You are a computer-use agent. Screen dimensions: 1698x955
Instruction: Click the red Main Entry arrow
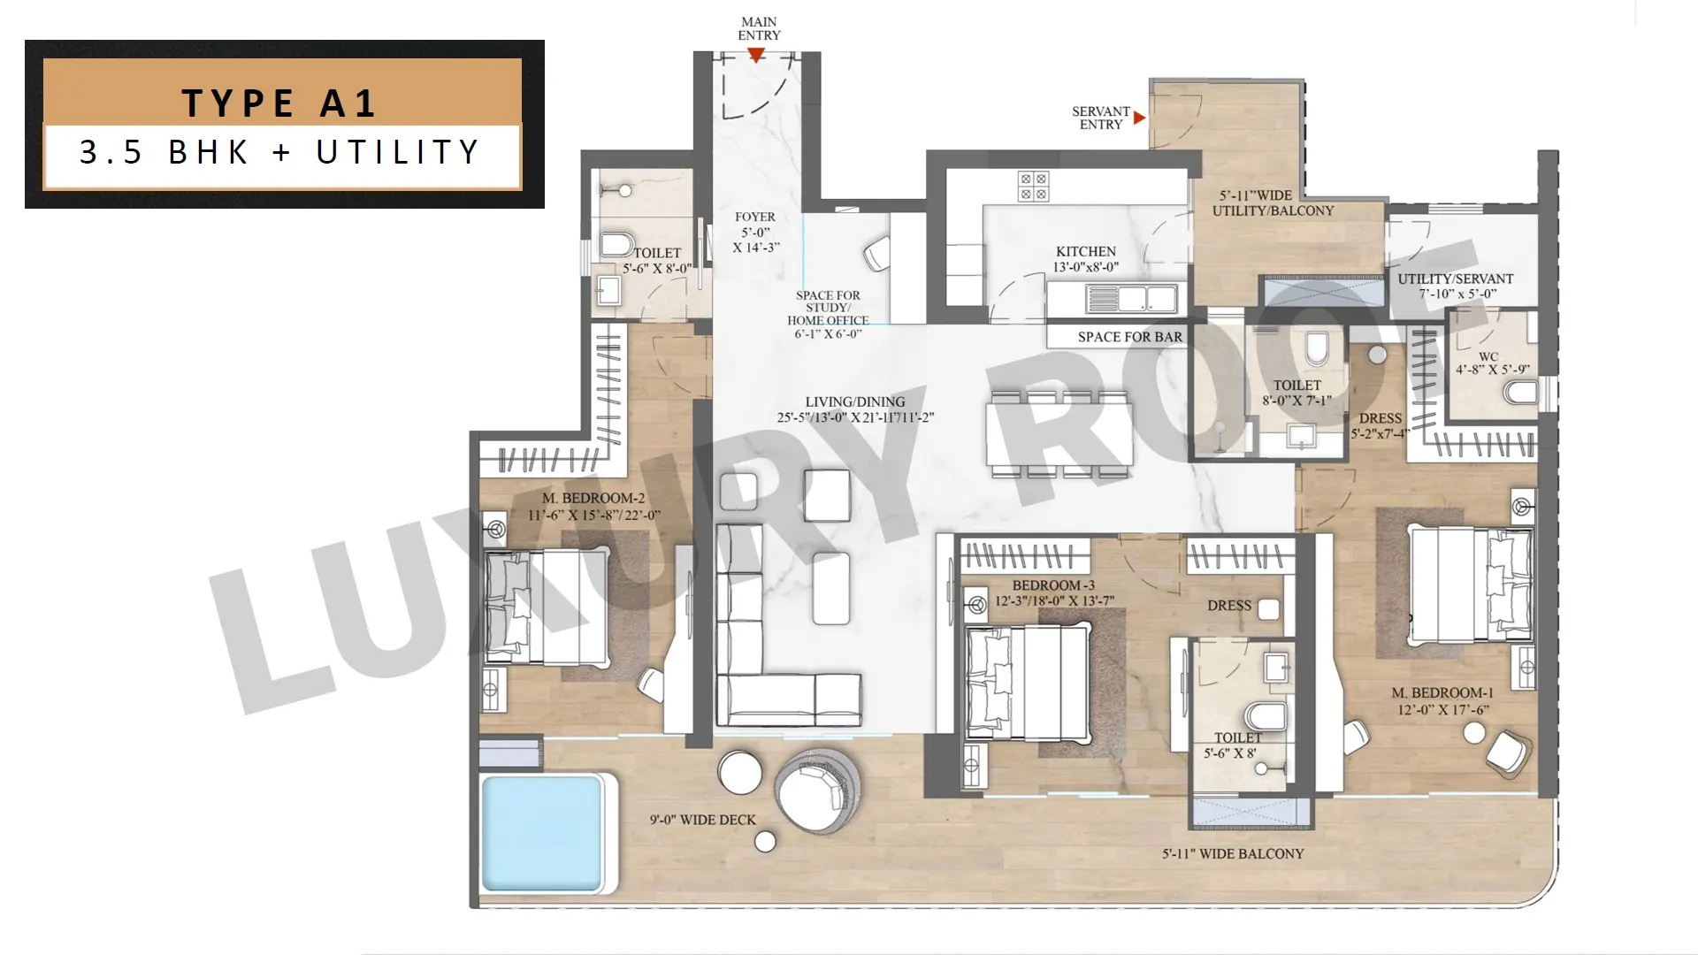[756, 55]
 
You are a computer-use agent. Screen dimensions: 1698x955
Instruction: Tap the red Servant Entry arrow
[1139, 118]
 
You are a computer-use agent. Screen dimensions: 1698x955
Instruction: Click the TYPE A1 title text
[279, 103]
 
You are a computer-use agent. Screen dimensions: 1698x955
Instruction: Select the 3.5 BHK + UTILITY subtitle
[279, 152]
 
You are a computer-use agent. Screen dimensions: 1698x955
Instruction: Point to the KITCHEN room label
[1086, 251]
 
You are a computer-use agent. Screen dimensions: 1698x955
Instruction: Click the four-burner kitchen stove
[1033, 187]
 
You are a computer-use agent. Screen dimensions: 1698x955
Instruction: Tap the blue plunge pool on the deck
[542, 833]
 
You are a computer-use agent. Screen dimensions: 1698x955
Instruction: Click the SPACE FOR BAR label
[1129, 337]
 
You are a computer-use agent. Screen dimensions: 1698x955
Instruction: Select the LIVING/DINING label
[855, 401]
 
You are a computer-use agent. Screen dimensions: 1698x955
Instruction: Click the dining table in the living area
[1059, 434]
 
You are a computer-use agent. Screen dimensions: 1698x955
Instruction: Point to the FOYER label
[755, 217]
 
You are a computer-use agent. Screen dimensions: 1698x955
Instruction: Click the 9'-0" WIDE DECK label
[703, 820]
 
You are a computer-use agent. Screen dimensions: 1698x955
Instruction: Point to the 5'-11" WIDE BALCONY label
[1233, 853]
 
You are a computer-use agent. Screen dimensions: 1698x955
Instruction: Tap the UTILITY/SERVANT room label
[1456, 279]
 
